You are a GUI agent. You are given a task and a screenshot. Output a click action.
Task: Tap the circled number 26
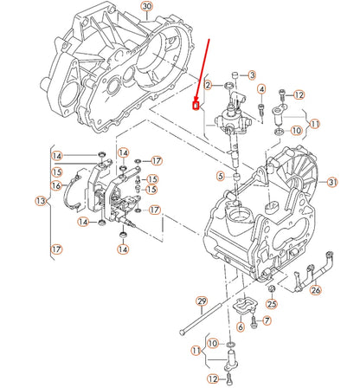(x=316, y=291)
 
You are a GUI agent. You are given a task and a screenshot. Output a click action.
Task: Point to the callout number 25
(x=271, y=304)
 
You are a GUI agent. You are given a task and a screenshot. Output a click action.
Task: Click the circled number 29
(x=202, y=301)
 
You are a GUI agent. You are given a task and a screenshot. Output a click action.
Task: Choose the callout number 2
(x=208, y=85)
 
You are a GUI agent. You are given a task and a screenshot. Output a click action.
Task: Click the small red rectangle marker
(x=196, y=107)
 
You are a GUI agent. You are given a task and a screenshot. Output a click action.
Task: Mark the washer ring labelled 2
(x=227, y=85)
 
